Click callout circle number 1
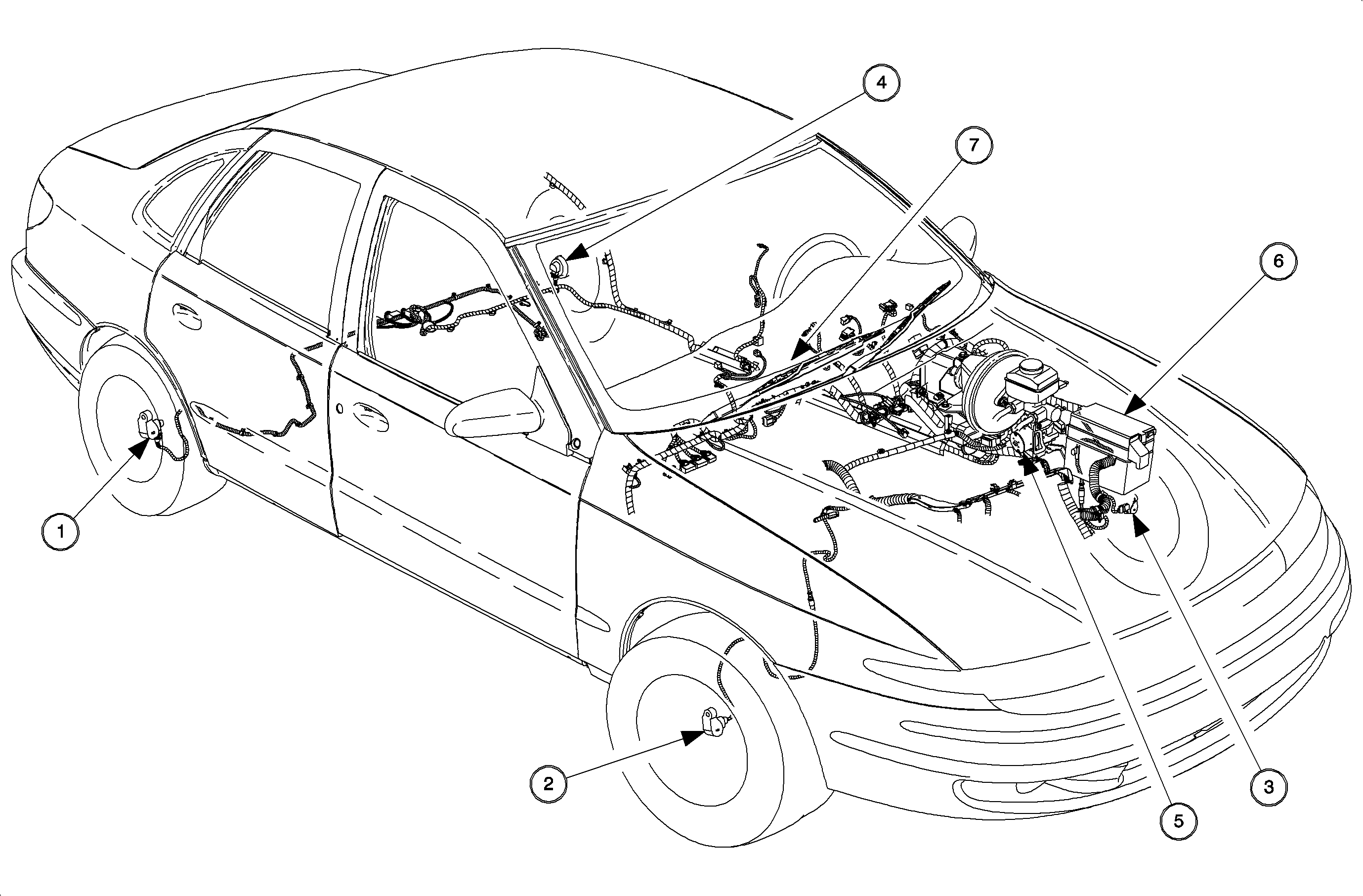61,532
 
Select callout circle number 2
548,783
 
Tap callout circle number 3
1269,787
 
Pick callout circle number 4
881,83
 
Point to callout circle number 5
1179,821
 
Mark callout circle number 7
974,145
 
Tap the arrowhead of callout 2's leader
693,737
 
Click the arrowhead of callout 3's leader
1139,526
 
